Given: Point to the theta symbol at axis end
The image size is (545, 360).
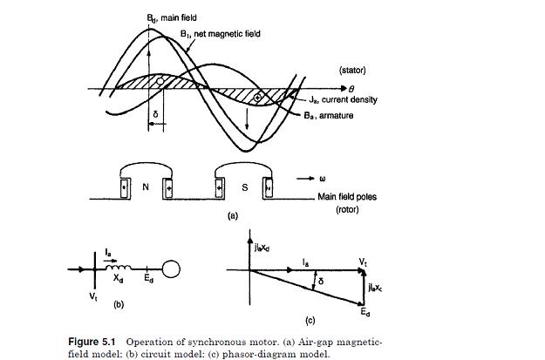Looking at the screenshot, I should tap(351, 88).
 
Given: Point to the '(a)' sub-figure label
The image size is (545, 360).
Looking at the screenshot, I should tap(232, 214).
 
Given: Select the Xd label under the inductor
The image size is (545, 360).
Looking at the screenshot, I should tap(114, 279).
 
